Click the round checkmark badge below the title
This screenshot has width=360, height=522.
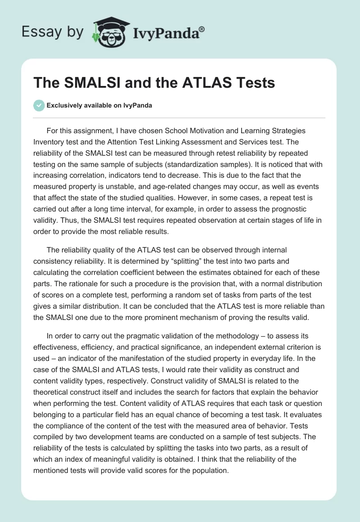point(39,105)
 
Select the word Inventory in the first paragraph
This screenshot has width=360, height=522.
point(49,142)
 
